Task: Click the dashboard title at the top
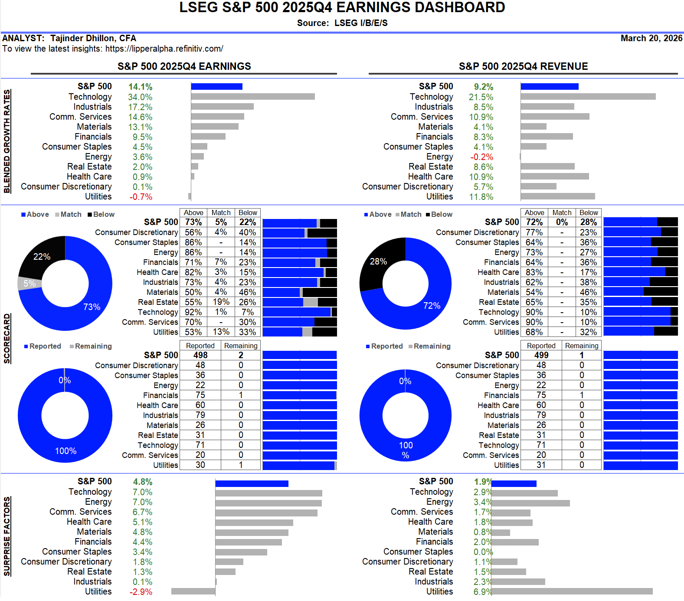342,7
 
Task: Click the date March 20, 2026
651,38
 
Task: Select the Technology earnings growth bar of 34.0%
253,97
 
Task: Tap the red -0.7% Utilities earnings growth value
141,197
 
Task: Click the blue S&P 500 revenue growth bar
550,87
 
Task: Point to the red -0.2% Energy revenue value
482,157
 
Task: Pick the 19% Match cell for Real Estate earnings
221,302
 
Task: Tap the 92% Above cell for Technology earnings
193,312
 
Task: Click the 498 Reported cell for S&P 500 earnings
200,355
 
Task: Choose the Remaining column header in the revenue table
582,346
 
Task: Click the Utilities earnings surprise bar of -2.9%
193,591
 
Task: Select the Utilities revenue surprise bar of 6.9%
572,591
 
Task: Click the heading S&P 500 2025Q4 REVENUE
524,66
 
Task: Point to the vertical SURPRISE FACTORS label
7,536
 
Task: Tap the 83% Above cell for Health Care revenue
534,272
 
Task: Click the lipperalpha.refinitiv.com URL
164,49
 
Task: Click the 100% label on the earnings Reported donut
65,451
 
